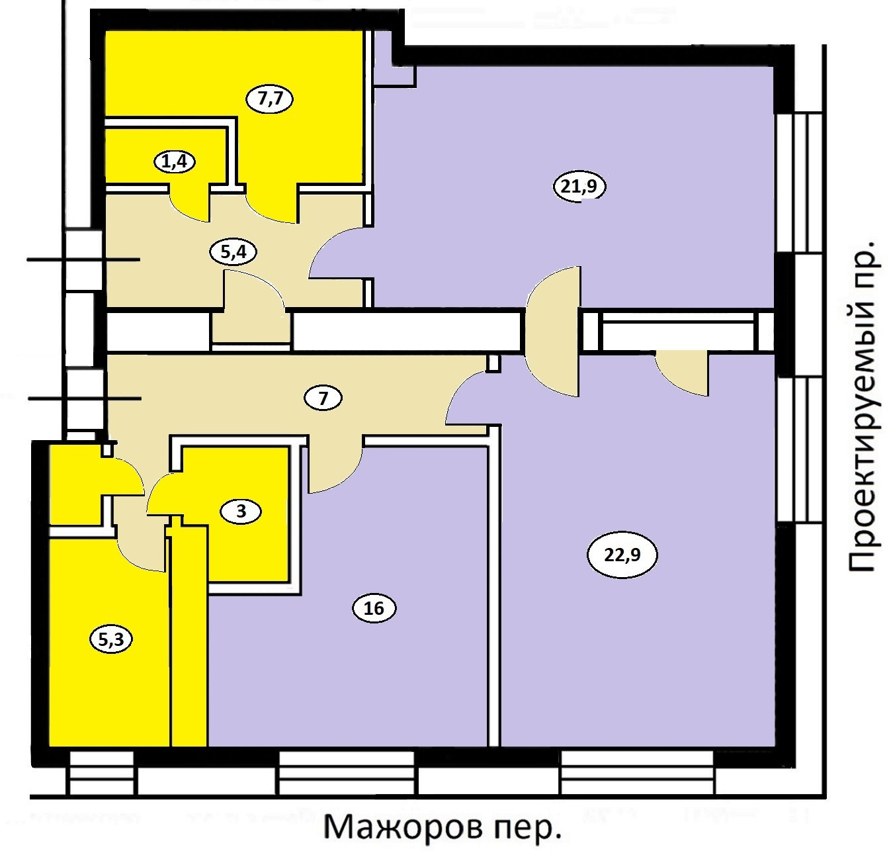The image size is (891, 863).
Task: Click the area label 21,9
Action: [x=579, y=187]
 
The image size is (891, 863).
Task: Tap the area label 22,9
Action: [x=622, y=555]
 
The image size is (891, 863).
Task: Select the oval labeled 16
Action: [x=374, y=608]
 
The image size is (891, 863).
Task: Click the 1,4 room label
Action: [x=175, y=161]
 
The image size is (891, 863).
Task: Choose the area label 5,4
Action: [x=232, y=251]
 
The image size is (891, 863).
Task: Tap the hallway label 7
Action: [x=323, y=399]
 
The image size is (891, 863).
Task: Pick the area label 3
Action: [x=241, y=511]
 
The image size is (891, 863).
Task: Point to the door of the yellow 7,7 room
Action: [x=273, y=205]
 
